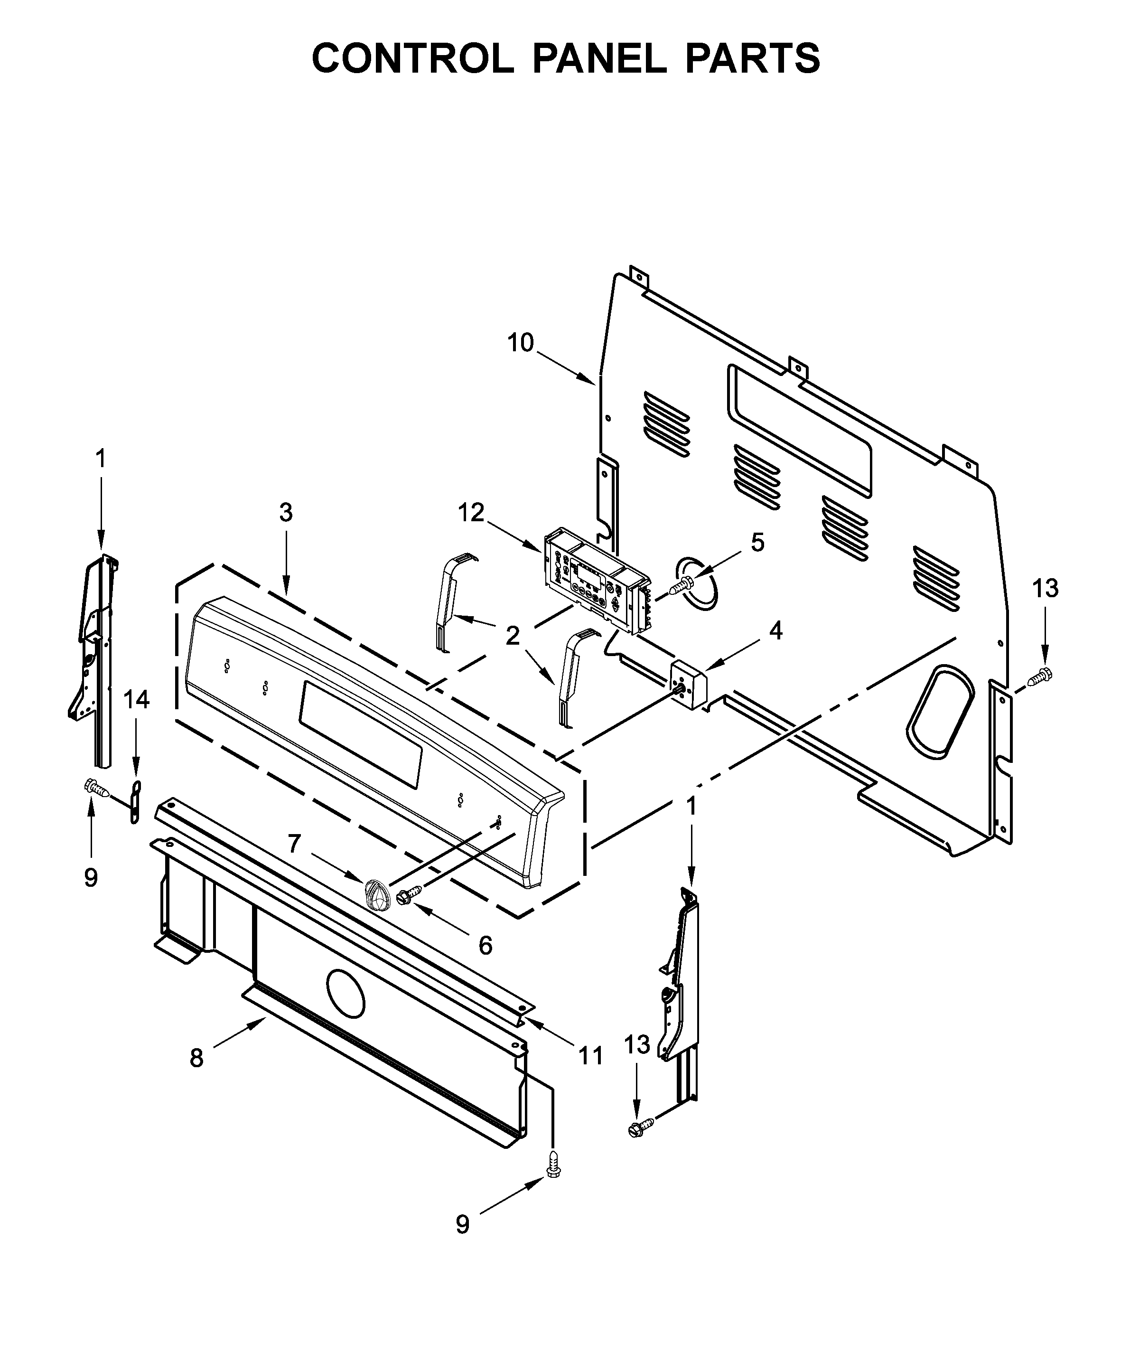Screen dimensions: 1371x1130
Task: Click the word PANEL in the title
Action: pos(599,58)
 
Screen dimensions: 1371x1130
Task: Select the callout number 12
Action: pos(471,513)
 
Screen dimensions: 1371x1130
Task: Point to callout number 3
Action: pos(286,513)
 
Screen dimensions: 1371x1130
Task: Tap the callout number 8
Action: pos(196,1059)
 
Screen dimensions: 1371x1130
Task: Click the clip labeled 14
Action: pos(135,803)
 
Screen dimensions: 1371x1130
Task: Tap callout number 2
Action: pos(513,636)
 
